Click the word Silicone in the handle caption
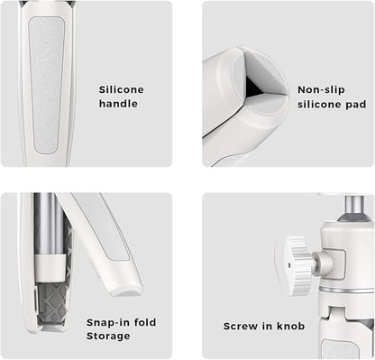pos(122,89)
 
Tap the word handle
pos(118,104)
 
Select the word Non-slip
pos(321,90)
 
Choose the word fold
pos(145,322)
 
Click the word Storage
pos(108,337)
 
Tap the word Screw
pos(241,326)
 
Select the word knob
pos(290,326)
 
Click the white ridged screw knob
pos(296,264)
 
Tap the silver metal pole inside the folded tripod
pos(45,224)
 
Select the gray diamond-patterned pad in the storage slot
pos(51,304)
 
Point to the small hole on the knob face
pos(289,265)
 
